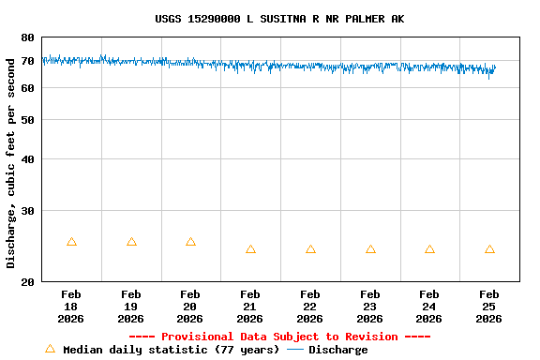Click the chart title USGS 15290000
[x=279, y=19]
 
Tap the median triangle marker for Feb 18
[x=71, y=242]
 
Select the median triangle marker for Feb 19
[x=131, y=242]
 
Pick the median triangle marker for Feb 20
[x=190, y=242]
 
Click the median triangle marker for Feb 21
[x=250, y=249]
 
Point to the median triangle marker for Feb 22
[x=310, y=249]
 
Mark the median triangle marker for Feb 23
[x=370, y=249]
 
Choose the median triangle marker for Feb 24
[x=429, y=249]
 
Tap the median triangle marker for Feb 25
[x=489, y=249]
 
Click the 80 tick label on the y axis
[x=28, y=37]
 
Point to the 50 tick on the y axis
[x=28, y=120]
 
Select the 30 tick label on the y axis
[x=28, y=211]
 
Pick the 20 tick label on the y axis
[x=28, y=281]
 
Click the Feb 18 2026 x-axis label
[x=71, y=307]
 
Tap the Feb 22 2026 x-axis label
[x=310, y=307]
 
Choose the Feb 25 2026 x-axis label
[x=489, y=307]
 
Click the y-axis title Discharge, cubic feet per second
[x=11, y=159]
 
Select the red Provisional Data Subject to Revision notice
[x=279, y=337]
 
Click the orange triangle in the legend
[x=51, y=349]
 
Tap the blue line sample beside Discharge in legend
[x=296, y=350]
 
